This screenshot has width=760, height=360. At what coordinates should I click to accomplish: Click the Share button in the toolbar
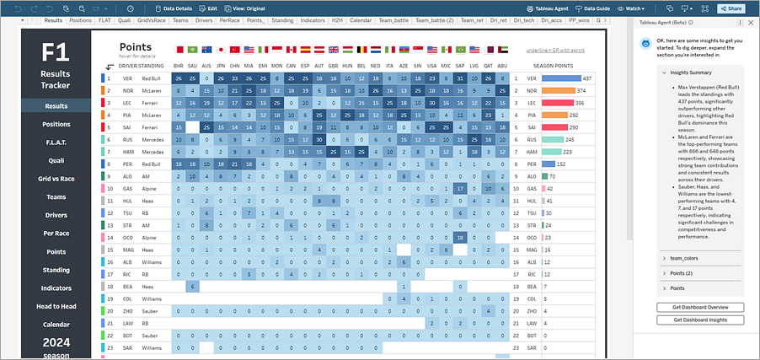tap(731, 8)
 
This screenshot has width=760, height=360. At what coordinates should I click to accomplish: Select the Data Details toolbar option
tap(174, 8)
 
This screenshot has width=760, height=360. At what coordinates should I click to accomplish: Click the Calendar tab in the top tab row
tap(360, 19)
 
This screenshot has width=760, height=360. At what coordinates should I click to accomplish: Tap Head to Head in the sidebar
tap(56, 306)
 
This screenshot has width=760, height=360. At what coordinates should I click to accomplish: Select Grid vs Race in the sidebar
tap(56, 179)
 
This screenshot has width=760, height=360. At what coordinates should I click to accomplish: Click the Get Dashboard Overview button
tap(699, 308)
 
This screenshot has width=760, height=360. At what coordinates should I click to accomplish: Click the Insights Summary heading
tap(689, 73)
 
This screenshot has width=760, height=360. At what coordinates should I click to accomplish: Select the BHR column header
tap(179, 65)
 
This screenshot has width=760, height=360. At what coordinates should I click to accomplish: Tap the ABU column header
tap(503, 65)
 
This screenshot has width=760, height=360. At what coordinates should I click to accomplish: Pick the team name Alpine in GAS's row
tap(149, 190)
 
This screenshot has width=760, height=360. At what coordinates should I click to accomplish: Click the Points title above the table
tap(135, 47)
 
